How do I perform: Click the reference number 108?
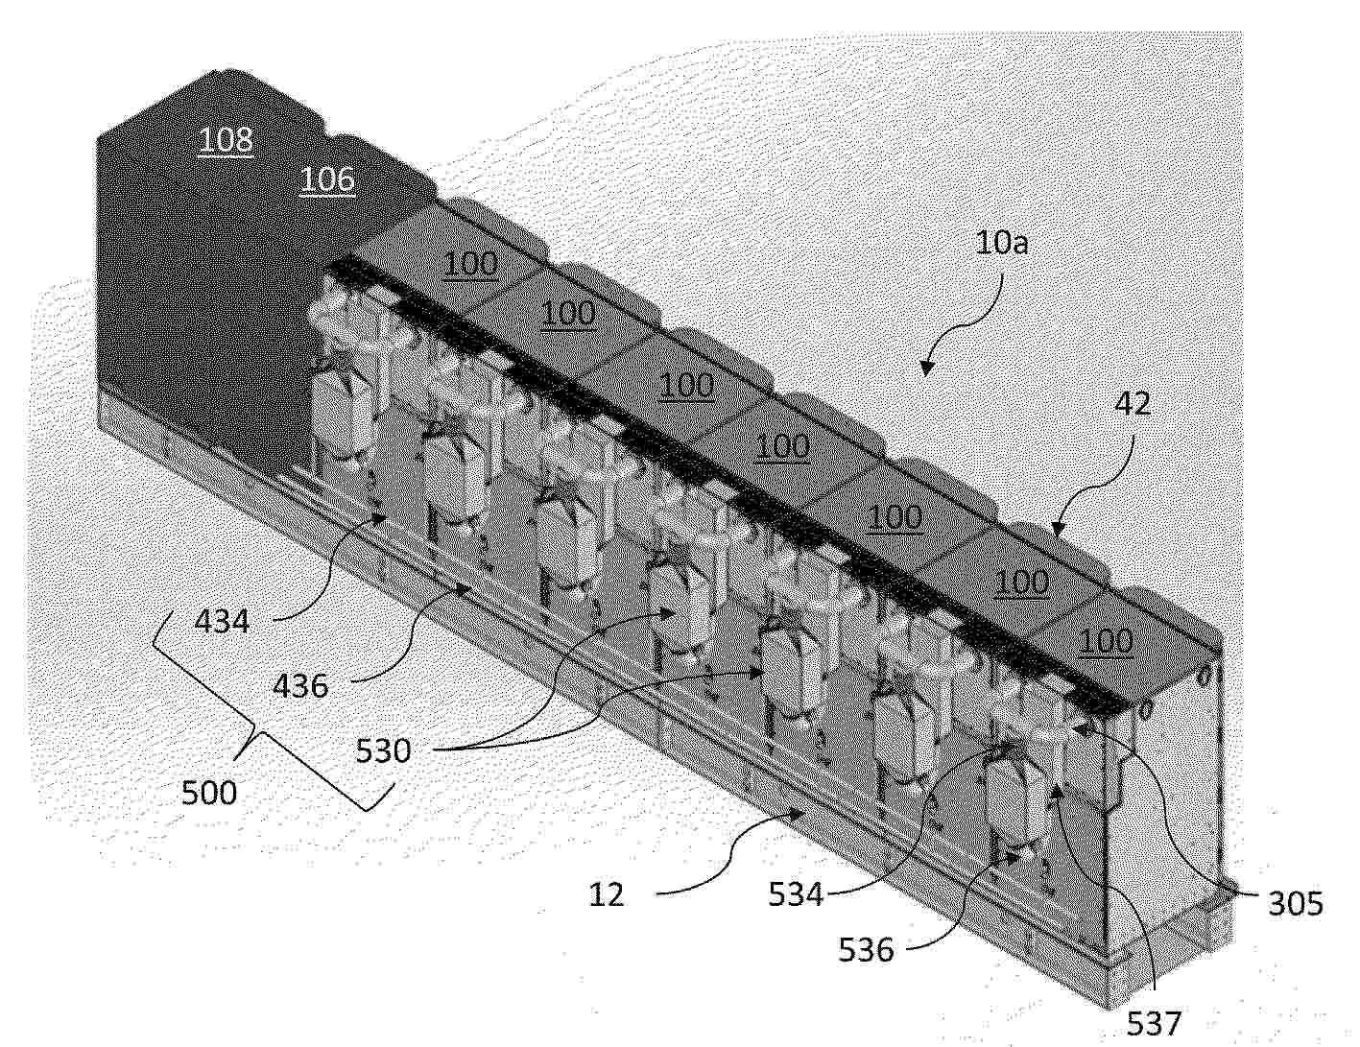click(226, 139)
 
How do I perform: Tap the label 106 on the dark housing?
click(327, 179)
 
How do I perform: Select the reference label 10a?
click(1002, 242)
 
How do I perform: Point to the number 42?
click(1133, 404)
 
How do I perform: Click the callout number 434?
click(222, 622)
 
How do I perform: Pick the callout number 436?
click(300, 686)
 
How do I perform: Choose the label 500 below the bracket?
click(209, 794)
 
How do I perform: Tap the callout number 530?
click(383, 750)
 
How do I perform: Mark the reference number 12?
click(607, 895)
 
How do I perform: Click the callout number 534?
click(796, 894)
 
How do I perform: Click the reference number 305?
click(1295, 904)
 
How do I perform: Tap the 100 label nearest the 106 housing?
click(470, 264)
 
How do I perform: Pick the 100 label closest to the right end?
click(1106, 642)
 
